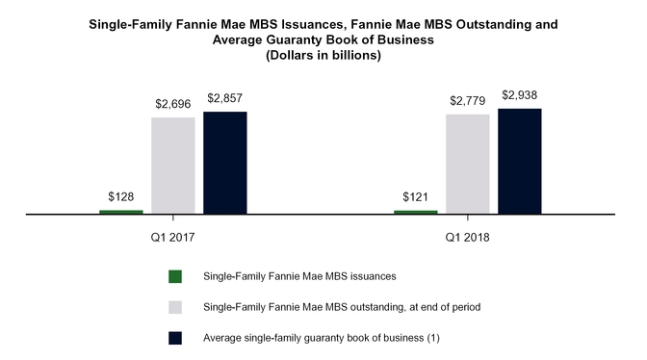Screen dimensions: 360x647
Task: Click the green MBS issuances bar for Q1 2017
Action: pos(121,212)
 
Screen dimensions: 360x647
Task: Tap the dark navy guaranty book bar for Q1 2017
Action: pos(225,163)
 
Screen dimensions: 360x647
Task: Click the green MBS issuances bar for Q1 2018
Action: pos(416,212)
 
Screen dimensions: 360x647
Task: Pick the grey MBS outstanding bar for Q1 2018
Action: pos(468,164)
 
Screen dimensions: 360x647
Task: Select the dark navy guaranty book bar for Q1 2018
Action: pos(520,161)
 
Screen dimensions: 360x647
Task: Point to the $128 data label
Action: pos(121,195)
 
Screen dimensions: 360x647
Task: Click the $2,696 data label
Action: pos(173,103)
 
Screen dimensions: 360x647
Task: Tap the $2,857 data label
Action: pos(225,97)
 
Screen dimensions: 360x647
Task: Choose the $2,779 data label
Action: pos(468,100)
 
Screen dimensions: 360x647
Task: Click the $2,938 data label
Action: pos(520,94)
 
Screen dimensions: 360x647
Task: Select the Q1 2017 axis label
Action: pos(173,236)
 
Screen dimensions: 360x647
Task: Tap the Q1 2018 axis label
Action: pos(468,236)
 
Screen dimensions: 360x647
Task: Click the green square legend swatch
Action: pos(174,277)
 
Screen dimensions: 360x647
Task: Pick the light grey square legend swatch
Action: pos(174,307)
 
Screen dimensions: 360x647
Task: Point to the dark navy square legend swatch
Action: pos(174,338)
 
